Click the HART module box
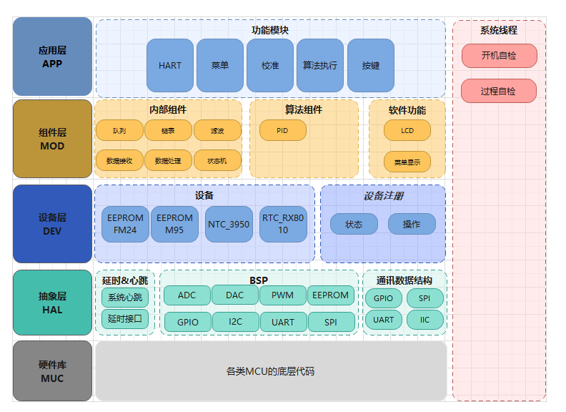pos(170,65)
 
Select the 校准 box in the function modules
pos(270,65)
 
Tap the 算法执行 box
pos(320,65)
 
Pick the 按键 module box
pos(371,65)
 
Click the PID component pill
pos(282,130)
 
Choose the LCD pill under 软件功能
pos(407,130)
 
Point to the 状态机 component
pos(217,160)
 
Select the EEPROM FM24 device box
pos(125,224)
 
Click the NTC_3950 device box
pos(229,224)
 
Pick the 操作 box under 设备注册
pos(412,224)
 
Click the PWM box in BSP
pos(282,295)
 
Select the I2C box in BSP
pos(235,322)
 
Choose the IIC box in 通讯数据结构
pos(425,320)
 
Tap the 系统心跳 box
pos(125,298)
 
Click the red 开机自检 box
pos(499,55)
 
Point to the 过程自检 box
pos(499,91)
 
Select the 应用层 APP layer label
pos(52,57)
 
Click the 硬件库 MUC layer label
pos(52,371)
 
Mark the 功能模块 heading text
pos(270,30)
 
